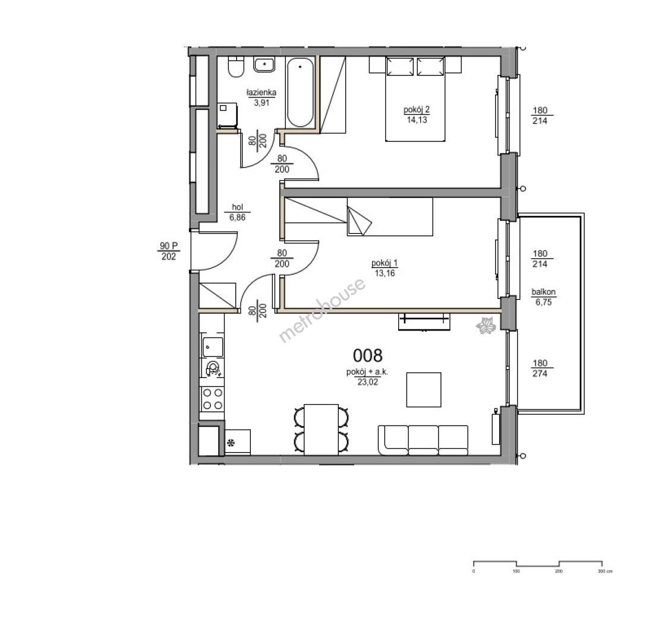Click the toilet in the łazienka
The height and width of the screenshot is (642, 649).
point(236,67)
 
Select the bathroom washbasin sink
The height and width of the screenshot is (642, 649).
point(264,65)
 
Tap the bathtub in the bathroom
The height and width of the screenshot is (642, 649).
point(301,92)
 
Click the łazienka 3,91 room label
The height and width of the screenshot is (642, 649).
point(261,97)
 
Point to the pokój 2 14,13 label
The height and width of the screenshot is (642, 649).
point(417,115)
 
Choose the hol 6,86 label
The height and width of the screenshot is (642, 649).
point(238,212)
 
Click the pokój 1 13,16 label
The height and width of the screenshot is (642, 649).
point(385,268)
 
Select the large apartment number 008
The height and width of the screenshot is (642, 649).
point(367,355)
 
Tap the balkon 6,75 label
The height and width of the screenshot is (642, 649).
point(543,297)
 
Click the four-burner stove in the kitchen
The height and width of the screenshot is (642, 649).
point(212,399)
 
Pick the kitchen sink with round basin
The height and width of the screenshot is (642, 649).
point(213,368)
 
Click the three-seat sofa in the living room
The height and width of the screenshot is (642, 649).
point(423,440)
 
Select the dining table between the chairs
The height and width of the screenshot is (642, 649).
point(321,430)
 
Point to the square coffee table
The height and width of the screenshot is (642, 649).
point(423,389)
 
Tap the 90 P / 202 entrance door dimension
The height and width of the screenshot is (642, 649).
point(168,251)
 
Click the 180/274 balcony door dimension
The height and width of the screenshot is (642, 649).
point(540,369)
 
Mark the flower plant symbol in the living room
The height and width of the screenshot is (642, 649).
point(486,325)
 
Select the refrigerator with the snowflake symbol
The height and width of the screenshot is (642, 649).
point(238,442)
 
